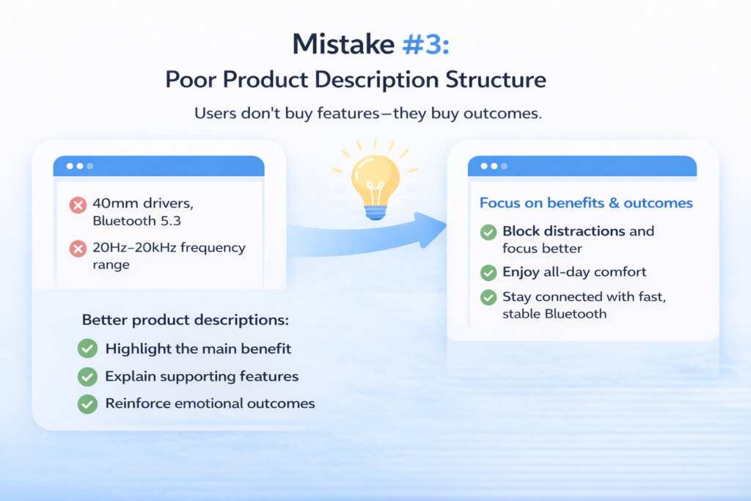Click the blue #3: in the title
[426, 45]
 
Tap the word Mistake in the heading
[343, 45]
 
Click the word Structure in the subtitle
[496, 79]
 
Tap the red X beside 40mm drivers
[78, 205]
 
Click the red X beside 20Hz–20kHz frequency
[78, 249]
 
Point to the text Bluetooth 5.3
[137, 221]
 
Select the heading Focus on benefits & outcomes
[586, 203]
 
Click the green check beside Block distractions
[488, 233]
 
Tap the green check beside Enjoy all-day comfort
[488, 273]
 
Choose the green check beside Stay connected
[488, 297]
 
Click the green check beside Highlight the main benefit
[88, 348]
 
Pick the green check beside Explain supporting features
[88, 376]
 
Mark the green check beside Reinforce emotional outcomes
[88, 403]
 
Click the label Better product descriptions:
[186, 320]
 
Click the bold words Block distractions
[564, 231]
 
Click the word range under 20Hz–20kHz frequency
[111, 266]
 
